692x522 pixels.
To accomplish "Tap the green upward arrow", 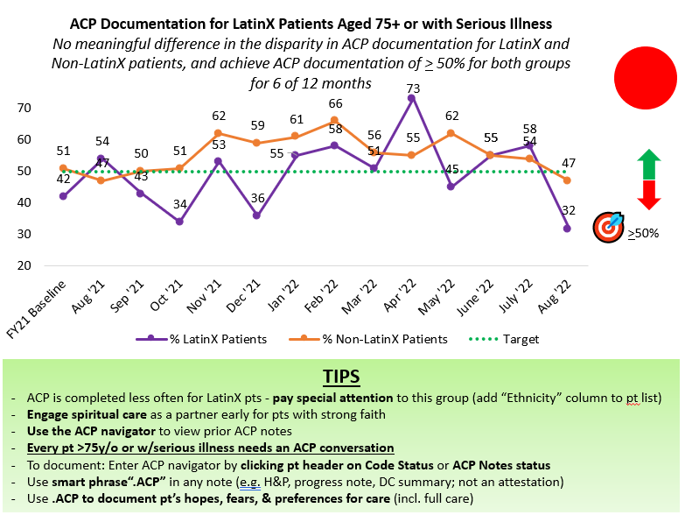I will point(647,164).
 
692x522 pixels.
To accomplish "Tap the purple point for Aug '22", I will point(567,228).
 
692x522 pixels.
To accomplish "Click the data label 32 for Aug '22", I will point(567,211).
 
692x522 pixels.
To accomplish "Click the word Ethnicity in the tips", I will point(557,398).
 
